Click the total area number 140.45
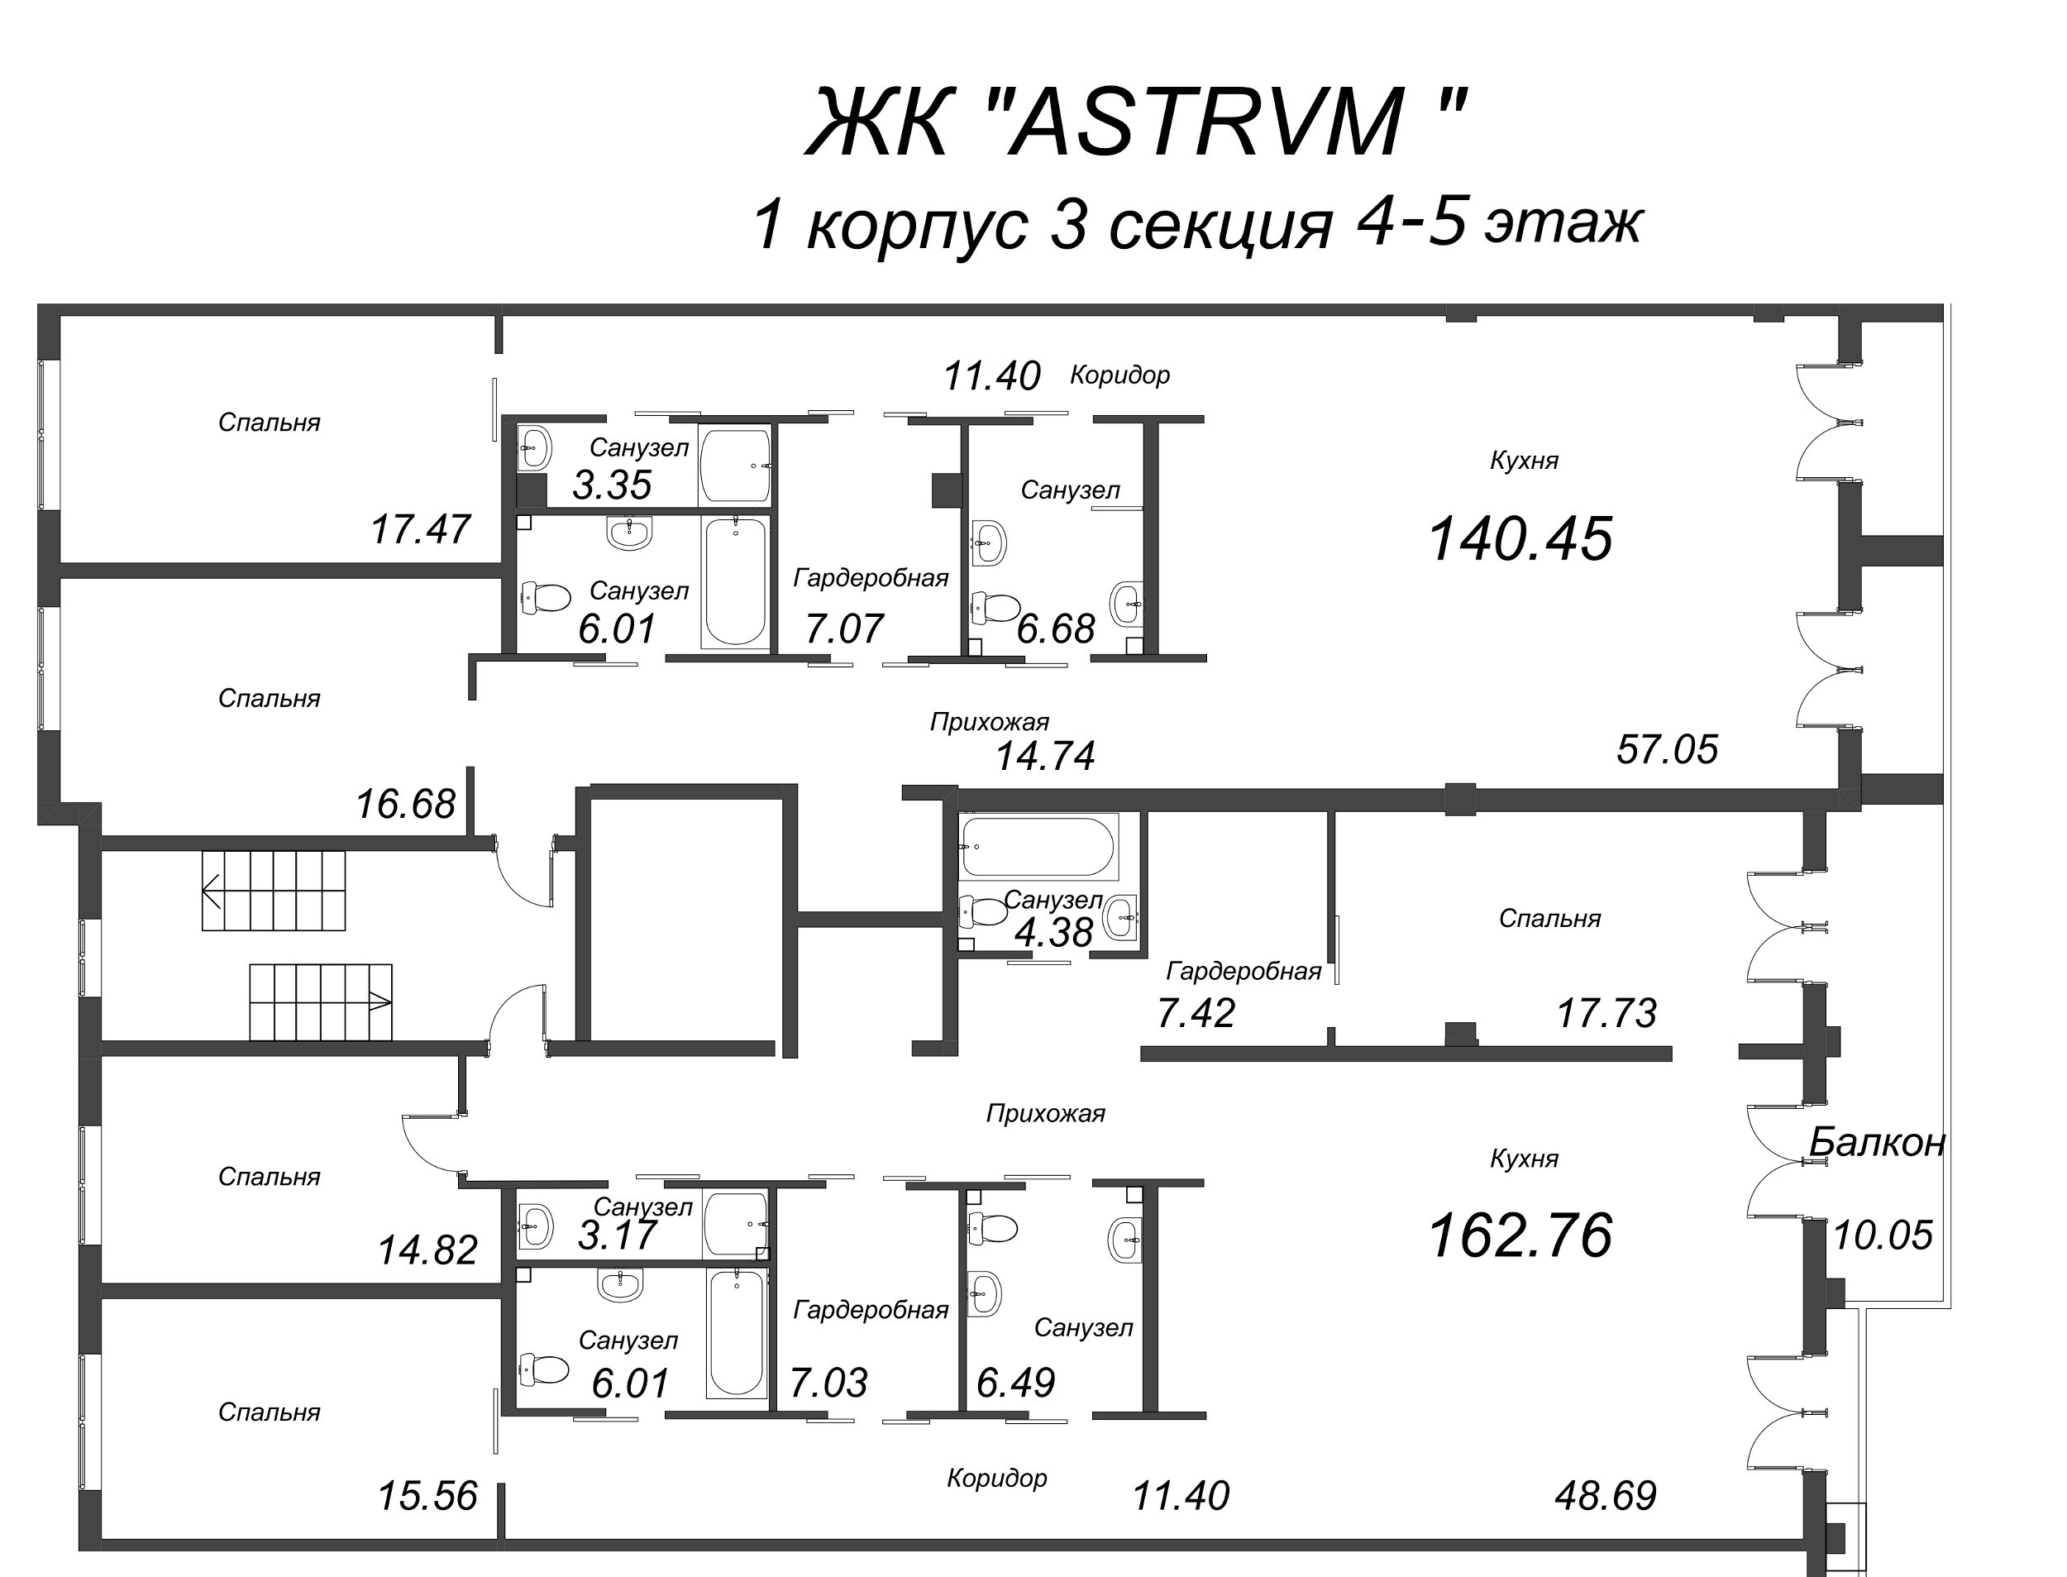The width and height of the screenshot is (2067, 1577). (1519, 540)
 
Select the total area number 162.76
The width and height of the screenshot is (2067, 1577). (1519, 1235)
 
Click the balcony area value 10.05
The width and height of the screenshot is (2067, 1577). (1882, 1235)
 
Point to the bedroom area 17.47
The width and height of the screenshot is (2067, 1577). (419, 529)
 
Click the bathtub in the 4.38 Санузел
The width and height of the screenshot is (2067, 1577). (1038, 847)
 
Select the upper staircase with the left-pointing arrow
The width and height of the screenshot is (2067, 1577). (274, 890)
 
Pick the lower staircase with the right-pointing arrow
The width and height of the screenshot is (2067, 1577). (321, 1001)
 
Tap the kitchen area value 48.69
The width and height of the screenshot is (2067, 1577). (1606, 1496)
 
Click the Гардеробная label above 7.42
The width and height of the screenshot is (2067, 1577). (1244, 972)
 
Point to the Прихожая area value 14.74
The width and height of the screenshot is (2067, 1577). (1044, 756)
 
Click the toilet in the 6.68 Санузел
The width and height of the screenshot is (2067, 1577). (995, 606)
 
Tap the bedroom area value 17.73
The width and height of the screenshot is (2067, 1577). (1606, 1013)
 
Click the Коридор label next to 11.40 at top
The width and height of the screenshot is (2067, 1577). (1119, 375)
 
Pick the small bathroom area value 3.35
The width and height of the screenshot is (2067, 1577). (612, 485)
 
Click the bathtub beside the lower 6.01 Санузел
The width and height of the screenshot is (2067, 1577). (737, 1333)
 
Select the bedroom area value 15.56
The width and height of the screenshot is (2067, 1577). (427, 1496)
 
